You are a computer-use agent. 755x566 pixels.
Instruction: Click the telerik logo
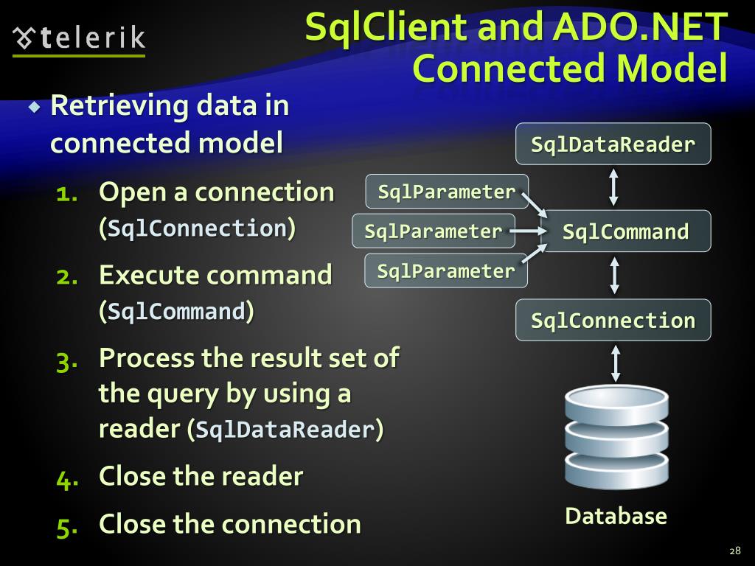coord(80,38)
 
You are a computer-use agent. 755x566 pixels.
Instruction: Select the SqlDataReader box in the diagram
coord(613,144)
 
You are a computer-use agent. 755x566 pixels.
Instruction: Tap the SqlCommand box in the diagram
coord(625,231)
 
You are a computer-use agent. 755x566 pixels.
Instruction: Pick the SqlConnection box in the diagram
coord(613,320)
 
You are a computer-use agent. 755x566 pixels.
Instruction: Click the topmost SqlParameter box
coord(446,192)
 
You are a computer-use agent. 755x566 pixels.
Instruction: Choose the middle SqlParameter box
coord(433,231)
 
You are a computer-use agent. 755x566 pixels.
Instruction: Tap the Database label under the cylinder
coord(616,516)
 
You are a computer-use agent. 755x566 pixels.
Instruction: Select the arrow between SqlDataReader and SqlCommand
coord(613,187)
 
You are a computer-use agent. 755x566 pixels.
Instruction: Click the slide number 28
coord(734,551)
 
